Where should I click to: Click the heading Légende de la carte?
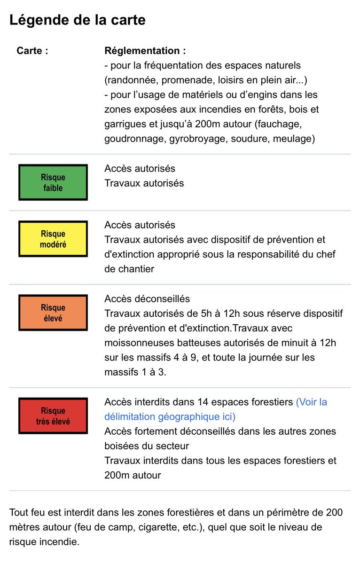pos(78,20)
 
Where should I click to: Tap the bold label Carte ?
pos(32,51)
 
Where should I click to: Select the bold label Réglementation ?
pos(145,51)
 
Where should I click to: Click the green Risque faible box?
pos(53,182)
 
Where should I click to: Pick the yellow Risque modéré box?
pos(53,239)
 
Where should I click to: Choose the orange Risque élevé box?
pos(53,313)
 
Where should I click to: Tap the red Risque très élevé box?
pos(53,416)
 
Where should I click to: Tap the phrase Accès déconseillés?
pos(147,299)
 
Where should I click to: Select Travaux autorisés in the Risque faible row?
pos(144,183)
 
